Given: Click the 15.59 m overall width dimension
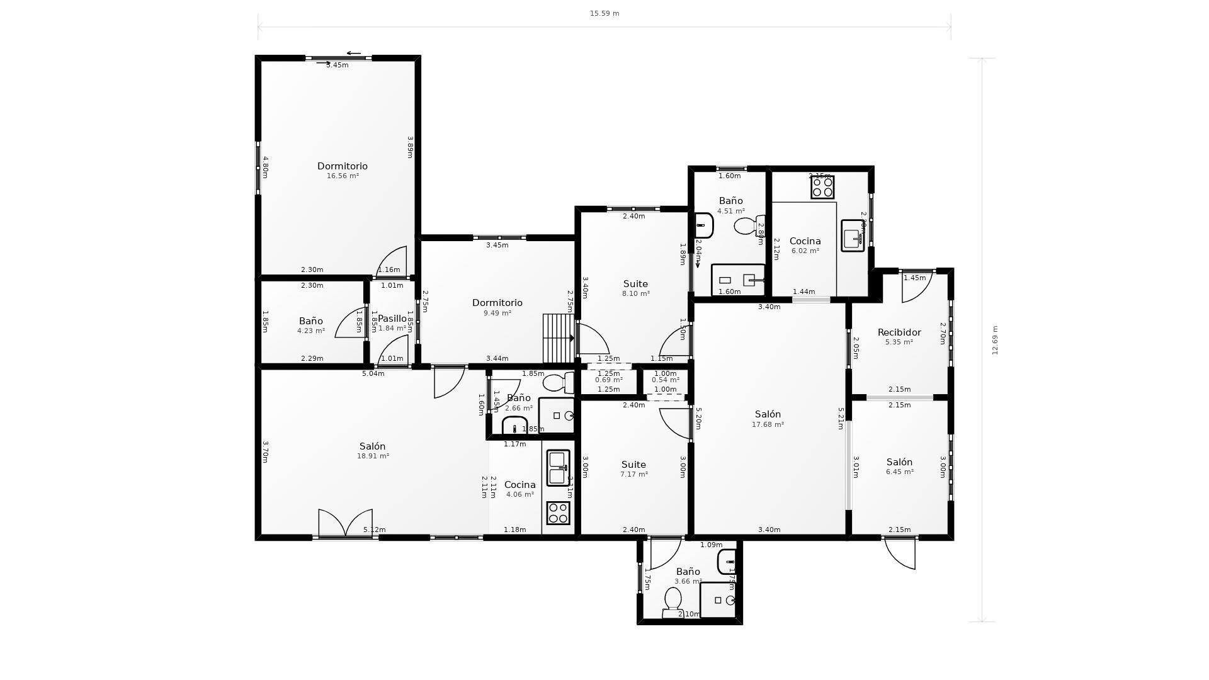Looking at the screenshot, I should pyautogui.click(x=604, y=13).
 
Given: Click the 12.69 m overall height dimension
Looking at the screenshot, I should pyautogui.click(x=995, y=340).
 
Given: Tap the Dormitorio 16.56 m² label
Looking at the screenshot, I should pyautogui.click(x=342, y=170).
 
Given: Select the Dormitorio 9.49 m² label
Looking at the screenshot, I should pyautogui.click(x=497, y=307).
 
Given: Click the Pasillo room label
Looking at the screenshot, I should pyautogui.click(x=392, y=319).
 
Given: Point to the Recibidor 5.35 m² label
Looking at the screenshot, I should pyautogui.click(x=899, y=336).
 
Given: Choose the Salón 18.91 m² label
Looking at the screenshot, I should pyautogui.click(x=372, y=450).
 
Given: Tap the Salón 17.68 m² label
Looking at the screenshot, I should pyautogui.click(x=768, y=419).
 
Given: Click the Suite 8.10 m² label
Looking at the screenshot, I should pyautogui.click(x=635, y=288).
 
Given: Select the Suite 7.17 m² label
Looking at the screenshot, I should pyautogui.click(x=633, y=468).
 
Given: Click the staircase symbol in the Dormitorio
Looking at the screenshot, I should pyautogui.click(x=558, y=339).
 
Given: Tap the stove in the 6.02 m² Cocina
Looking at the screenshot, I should pyautogui.click(x=822, y=187).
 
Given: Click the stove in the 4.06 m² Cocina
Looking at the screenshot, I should pyautogui.click(x=558, y=513).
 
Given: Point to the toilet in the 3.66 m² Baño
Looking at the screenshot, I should pyautogui.click(x=672, y=602).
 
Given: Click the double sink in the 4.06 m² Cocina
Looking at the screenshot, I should pyautogui.click(x=557, y=467).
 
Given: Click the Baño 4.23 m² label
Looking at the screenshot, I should pyautogui.click(x=311, y=325).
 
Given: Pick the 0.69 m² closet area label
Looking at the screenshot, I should pyautogui.click(x=608, y=380).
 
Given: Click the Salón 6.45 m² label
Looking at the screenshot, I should pyautogui.click(x=899, y=466).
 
